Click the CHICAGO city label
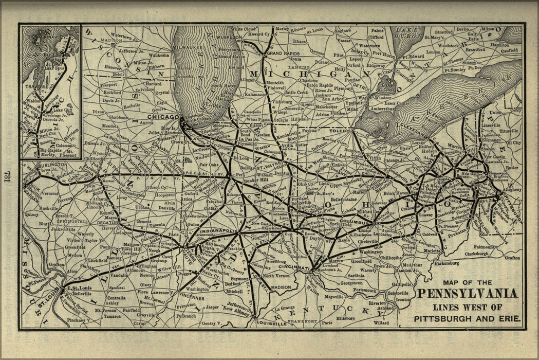tap(165, 117)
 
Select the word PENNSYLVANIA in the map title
tap(467, 294)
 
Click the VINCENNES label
tap(192, 297)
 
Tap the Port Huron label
tap(385, 53)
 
